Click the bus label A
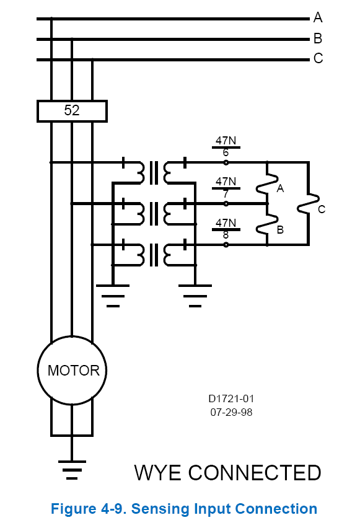[318, 17]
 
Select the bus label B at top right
[318, 38]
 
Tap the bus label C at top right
[318, 58]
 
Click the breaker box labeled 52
[72, 111]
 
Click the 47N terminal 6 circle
[226, 162]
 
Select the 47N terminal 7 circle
[226, 204]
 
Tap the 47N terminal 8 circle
[226, 245]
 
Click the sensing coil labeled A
[267, 184]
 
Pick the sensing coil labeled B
[267, 224]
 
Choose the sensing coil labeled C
[309, 203]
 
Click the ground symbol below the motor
[72, 470]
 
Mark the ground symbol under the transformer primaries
[113, 296]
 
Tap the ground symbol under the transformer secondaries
[195, 296]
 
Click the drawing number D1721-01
[231, 398]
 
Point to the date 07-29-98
[231, 412]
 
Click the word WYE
[157, 472]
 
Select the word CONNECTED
[255, 472]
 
